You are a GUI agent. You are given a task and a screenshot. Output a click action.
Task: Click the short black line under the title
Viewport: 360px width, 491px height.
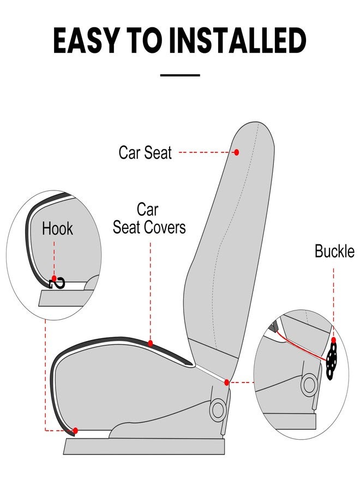point(181,75)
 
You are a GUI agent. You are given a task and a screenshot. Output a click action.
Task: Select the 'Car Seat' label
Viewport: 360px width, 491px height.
point(145,152)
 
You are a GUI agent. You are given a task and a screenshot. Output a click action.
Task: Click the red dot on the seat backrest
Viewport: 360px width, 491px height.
point(236,152)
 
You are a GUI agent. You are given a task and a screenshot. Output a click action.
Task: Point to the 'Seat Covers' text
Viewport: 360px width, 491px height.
point(149,227)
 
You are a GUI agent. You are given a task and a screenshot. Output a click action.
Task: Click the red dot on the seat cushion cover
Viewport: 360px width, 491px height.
point(151,343)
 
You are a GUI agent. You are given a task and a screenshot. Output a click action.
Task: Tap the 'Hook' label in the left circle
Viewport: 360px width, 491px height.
point(57,229)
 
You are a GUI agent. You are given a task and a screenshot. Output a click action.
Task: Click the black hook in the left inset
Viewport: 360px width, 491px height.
point(58,283)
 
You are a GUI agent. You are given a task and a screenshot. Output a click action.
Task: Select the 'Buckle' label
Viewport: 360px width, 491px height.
point(334,251)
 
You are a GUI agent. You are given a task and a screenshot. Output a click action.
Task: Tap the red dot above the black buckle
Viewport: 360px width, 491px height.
point(333,340)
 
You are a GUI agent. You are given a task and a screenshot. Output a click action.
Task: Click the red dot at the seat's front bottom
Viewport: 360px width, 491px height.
point(75,430)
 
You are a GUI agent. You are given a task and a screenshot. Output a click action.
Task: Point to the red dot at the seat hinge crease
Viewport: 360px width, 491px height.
point(226,382)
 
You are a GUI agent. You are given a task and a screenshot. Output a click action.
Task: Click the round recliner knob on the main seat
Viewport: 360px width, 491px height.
point(218,409)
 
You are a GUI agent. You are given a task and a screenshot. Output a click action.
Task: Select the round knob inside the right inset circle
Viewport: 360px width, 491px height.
point(309,384)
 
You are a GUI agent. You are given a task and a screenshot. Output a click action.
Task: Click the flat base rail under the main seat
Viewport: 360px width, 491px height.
point(145,446)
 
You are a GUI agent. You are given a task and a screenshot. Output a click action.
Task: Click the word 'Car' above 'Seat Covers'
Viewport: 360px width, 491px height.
point(147,209)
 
